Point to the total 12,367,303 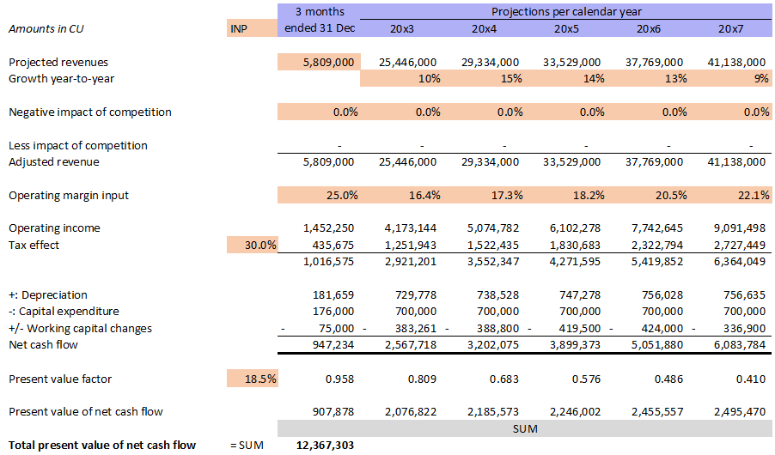pyautogui.click(x=325, y=445)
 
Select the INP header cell pyautogui.click(x=239, y=28)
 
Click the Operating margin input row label pyautogui.click(x=68, y=196)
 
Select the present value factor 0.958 pyautogui.click(x=341, y=379)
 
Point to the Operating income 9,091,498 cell pyautogui.click(x=735, y=228)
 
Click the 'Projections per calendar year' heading pyautogui.click(x=565, y=11)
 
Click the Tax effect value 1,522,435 pyautogui.click(x=489, y=246)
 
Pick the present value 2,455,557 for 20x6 pyautogui.click(x=653, y=411)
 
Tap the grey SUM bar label pyautogui.click(x=524, y=428)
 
